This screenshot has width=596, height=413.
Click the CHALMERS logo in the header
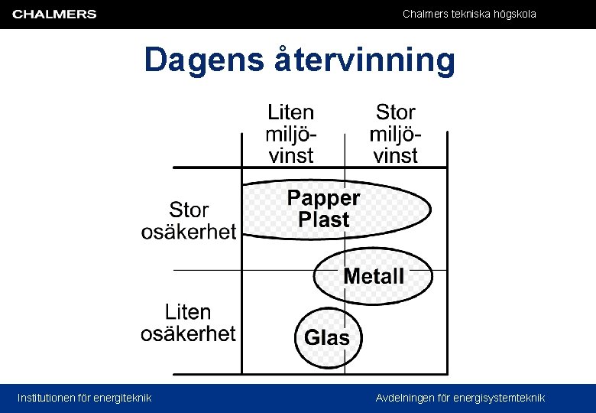tap(54, 14)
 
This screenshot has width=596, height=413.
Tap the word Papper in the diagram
tap(323, 198)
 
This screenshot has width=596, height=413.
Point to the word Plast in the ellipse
tap(323, 220)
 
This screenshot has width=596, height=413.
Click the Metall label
tap(374, 276)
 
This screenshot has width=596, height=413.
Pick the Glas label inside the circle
tap(327, 337)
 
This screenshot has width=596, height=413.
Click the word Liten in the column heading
tap(290, 112)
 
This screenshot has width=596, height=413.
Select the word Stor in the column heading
tap(395, 112)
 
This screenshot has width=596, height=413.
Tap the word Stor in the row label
tap(189, 210)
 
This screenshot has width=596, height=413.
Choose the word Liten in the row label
tap(188, 312)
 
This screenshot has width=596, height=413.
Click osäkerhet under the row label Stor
tap(189, 231)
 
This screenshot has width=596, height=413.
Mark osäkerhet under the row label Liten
tap(188, 333)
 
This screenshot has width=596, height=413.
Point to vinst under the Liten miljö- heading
tap(290, 156)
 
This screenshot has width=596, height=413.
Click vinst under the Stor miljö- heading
tap(395, 156)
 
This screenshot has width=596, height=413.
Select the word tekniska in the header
tap(465, 14)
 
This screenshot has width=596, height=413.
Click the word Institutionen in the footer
tap(50, 398)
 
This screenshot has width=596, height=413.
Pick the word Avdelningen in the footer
tap(404, 398)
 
